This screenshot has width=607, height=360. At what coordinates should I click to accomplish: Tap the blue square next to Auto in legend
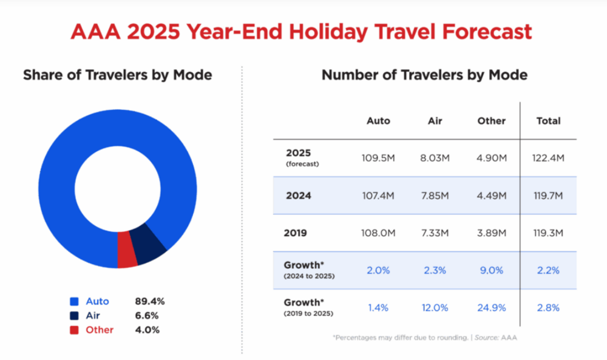[x=74, y=301]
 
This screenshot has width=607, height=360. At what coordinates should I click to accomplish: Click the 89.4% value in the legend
[x=149, y=301]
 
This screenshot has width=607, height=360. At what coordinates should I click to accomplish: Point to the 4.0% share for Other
[x=148, y=330]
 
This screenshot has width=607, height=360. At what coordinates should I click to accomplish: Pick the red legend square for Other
[x=74, y=330]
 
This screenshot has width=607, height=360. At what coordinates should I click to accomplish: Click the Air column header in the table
[x=436, y=121]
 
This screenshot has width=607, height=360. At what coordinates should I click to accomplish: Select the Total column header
[x=548, y=121]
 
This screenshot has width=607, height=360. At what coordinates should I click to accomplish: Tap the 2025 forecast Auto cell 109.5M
[x=378, y=158]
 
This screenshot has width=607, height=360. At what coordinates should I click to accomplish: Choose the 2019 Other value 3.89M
[x=491, y=233]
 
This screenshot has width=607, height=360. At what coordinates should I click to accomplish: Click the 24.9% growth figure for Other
[x=491, y=308]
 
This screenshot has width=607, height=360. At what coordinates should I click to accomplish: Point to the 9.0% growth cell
[x=491, y=270]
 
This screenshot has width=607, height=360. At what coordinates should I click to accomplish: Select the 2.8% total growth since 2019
[x=548, y=308]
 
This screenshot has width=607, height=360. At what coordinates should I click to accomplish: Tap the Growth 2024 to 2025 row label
[x=307, y=270]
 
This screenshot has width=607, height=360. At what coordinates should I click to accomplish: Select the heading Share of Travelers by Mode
[x=117, y=75]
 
